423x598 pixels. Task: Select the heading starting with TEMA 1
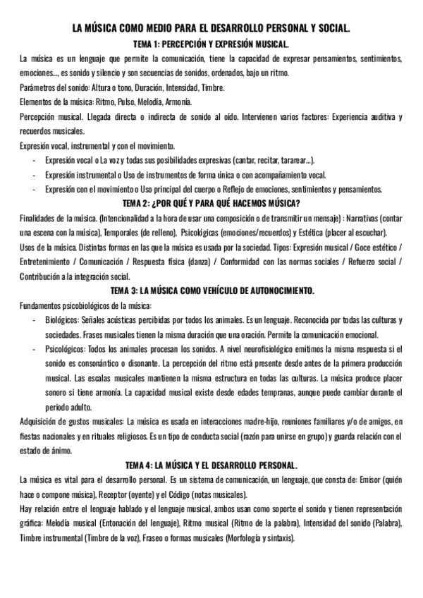click(x=211, y=44)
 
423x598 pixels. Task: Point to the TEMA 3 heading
click(x=211, y=291)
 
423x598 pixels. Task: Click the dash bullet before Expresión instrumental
click(x=35, y=175)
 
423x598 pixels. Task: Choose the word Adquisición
click(x=42, y=421)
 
